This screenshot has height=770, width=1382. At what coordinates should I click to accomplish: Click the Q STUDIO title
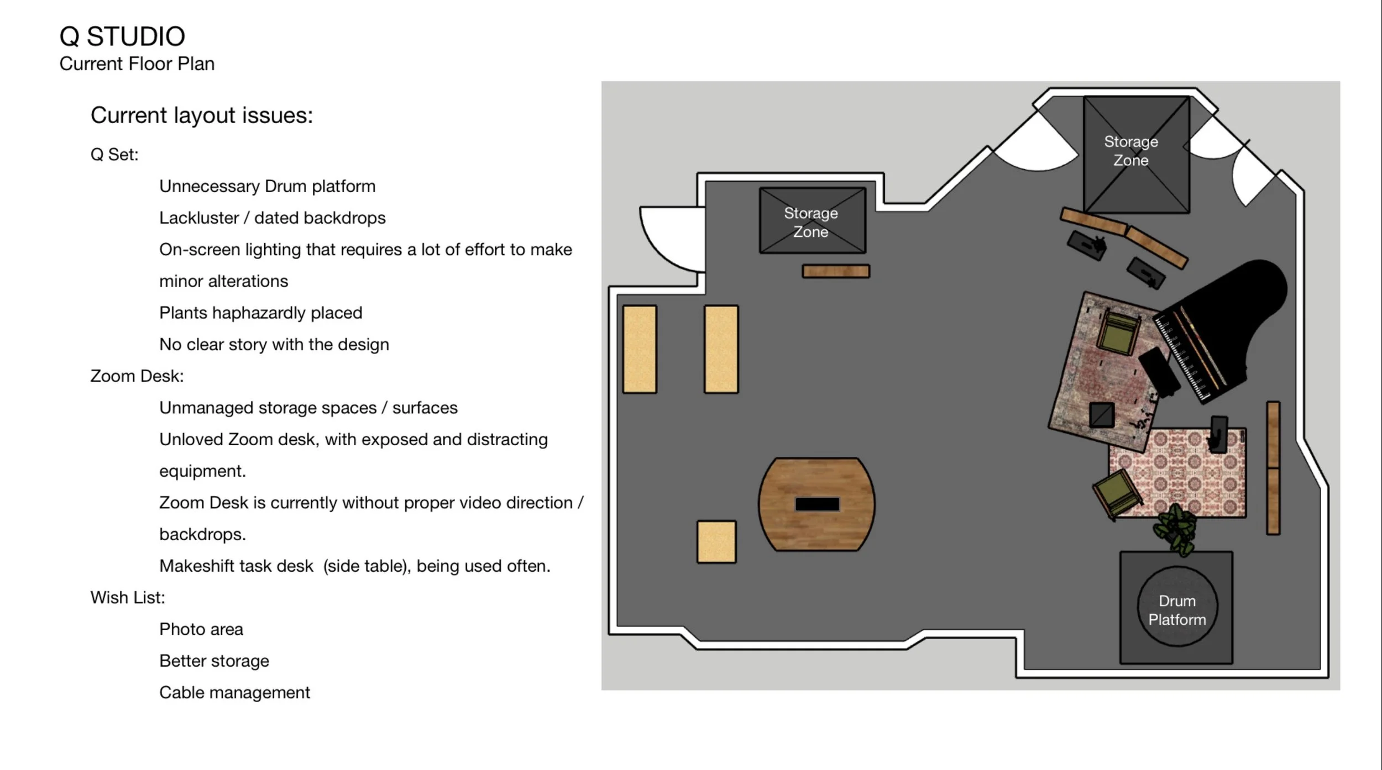[x=122, y=36]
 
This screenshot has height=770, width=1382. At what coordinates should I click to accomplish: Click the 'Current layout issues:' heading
[x=202, y=115]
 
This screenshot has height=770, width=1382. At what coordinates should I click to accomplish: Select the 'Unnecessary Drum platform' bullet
[x=267, y=186]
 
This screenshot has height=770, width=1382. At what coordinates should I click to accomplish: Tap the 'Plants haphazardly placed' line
[x=260, y=313]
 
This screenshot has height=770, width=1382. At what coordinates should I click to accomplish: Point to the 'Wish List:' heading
[x=128, y=597]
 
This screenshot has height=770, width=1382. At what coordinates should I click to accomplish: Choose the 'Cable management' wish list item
[x=234, y=692]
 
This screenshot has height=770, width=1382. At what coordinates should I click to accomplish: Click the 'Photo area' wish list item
[x=201, y=629]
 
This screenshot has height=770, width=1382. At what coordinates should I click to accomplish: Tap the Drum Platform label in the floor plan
[x=1177, y=610]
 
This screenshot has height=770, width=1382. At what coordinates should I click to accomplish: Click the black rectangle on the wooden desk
[x=817, y=504]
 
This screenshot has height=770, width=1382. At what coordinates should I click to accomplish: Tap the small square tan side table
[x=716, y=542]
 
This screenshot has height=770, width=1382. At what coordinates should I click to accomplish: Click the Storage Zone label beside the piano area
[x=1130, y=151]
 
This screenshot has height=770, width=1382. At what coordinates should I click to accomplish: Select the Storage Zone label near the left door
[x=811, y=222]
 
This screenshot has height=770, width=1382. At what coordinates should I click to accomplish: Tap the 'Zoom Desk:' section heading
[x=137, y=376]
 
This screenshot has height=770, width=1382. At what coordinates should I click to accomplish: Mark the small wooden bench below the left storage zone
[x=836, y=271]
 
